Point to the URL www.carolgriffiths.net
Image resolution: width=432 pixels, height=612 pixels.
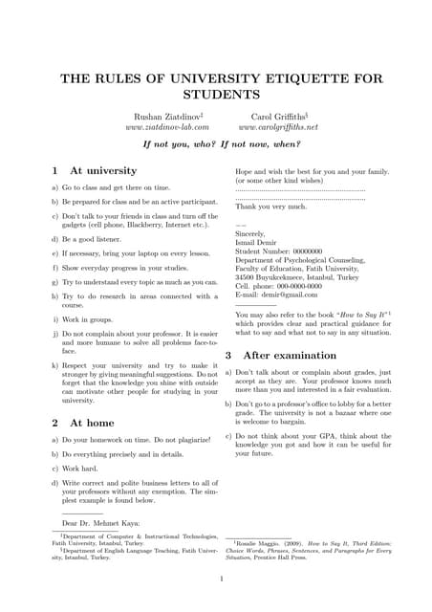coord(278,126)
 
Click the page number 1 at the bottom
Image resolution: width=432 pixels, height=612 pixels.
coord(221,578)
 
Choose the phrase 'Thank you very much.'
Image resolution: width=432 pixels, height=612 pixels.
coord(271,206)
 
